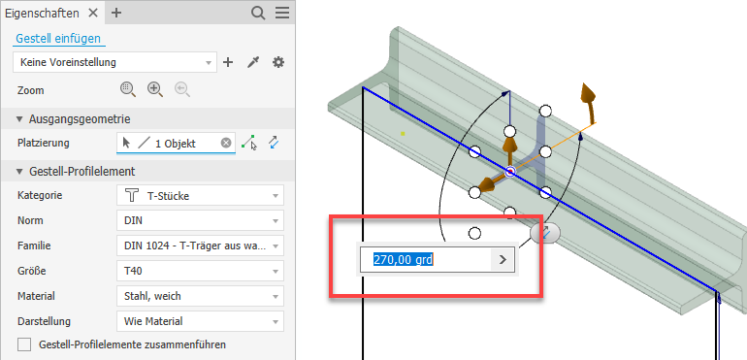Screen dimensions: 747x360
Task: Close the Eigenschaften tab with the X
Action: [93, 13]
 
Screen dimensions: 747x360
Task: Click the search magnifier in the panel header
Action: [258, 13]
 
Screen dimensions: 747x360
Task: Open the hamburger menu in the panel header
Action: [282, 13]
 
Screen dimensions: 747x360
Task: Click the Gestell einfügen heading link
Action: [58, 39]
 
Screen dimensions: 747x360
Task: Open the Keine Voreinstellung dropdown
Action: [114, 62]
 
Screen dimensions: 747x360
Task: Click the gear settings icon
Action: [278, 62]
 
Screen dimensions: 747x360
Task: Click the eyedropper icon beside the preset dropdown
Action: [253, 62]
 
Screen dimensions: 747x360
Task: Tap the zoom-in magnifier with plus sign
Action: [155, 89]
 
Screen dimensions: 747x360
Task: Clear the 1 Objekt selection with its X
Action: [226, 143]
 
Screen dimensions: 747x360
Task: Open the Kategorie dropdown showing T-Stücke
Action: [200, 195]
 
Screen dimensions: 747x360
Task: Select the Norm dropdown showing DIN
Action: [200, 221]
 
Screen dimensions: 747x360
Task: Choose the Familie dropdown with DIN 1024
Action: [200, 246]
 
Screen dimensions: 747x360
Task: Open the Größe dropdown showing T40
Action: [200, 272]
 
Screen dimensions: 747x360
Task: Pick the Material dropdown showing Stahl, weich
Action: [200, 296]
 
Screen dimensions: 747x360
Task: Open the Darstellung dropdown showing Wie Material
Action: [200, 321]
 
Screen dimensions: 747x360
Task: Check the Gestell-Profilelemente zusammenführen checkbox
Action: [24, 344]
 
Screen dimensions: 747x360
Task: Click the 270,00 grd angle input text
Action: [403, 260]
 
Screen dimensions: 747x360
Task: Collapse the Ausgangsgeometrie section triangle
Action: [19, 119]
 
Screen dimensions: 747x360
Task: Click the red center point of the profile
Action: [510, 171]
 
